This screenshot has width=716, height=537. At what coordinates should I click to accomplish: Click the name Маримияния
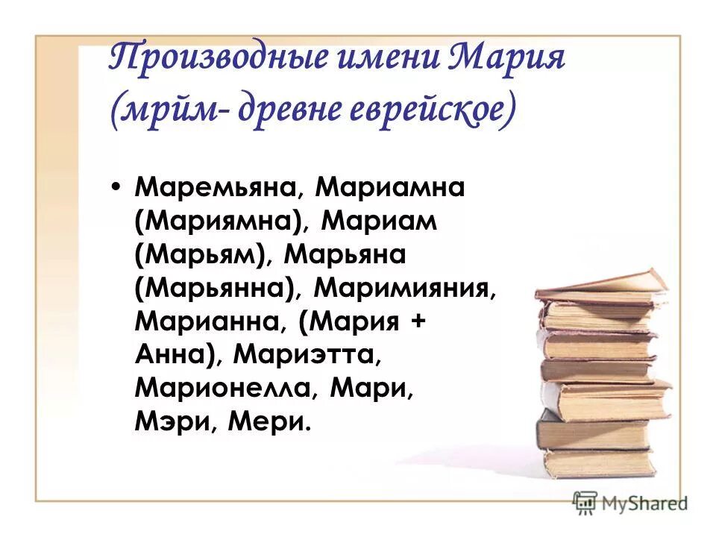(x=403, y=289)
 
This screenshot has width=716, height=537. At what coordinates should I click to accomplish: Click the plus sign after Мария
(x=414, y=323)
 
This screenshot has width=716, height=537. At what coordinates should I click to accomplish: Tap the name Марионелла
(x=224, y=389)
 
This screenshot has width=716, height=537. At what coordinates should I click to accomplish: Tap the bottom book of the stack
(x=600, y=463)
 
